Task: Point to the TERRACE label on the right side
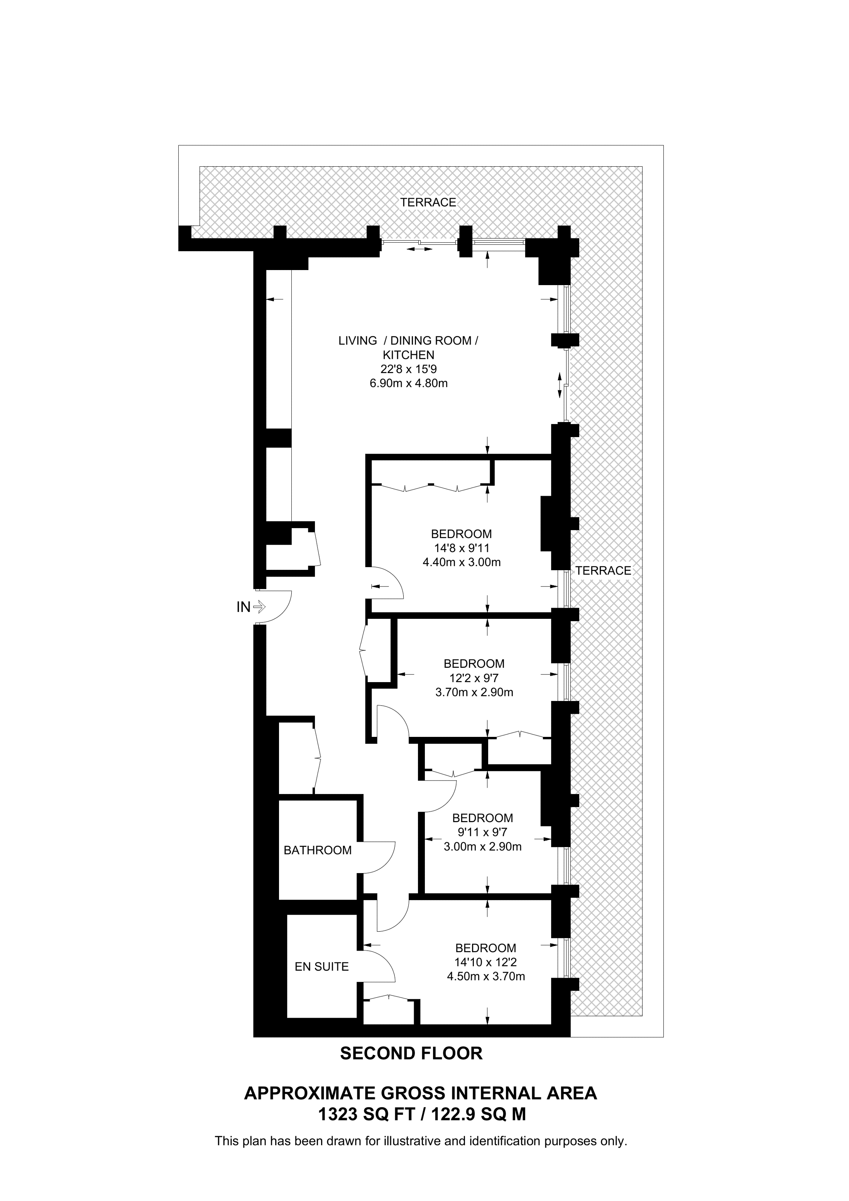click(x=603, y=571)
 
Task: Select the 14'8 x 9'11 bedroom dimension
click(x=462, y=548)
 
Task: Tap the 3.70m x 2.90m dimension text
click(x=474, y=692)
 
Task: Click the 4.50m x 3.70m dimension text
click(x=486, y=976)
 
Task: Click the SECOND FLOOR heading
click(x=411, y=1053)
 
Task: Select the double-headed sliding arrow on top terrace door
click(x=419, y=249)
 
